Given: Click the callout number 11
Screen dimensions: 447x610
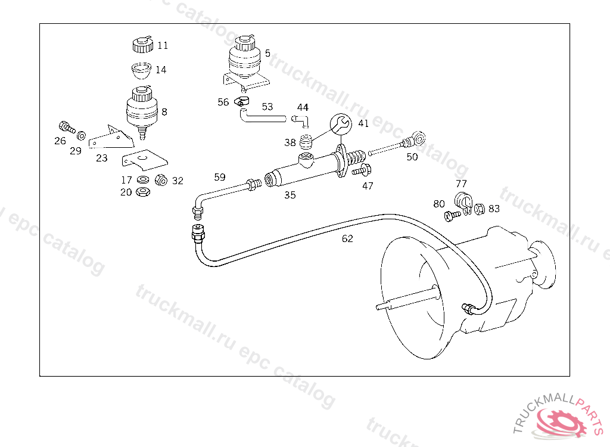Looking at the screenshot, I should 163,45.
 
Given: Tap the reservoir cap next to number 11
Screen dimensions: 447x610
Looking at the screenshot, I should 141,44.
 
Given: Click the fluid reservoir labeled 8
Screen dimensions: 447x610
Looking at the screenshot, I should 142,110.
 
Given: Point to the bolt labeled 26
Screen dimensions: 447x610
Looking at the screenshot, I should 66,126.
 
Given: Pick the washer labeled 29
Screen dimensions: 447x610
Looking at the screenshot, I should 81,134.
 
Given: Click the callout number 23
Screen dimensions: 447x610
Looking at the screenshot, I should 102,158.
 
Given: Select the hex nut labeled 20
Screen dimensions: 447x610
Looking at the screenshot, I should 142,192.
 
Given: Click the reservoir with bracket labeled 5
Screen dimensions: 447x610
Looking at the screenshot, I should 244,60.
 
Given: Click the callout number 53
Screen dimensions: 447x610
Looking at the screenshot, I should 267,107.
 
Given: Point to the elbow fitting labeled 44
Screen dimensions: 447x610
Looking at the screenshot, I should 303,122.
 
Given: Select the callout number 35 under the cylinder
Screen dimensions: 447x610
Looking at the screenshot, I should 290,195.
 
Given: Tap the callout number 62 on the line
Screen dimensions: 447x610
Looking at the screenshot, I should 347,238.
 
